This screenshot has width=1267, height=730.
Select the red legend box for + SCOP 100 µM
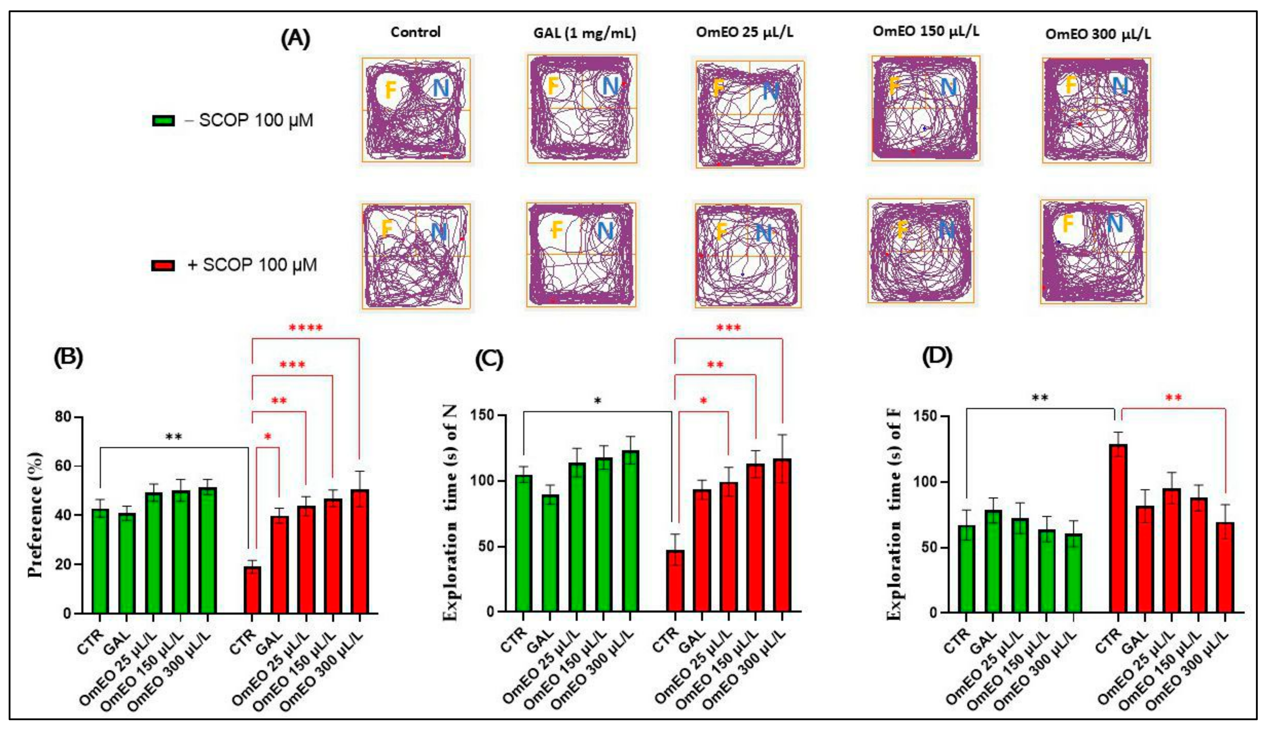163,265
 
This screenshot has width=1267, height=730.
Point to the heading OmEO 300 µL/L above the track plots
1098,34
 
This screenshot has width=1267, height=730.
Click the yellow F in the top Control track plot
390,90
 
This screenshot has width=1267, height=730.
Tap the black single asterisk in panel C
597,401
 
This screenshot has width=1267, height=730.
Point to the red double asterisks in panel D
1173,398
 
